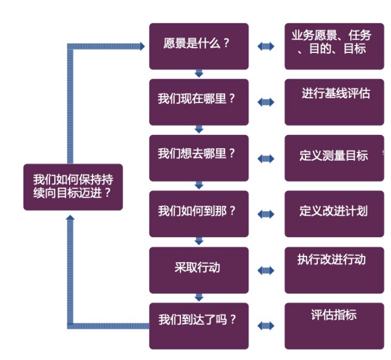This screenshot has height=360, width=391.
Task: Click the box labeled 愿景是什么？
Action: coord(198,46)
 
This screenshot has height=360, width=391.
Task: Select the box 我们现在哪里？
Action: coord(198,102)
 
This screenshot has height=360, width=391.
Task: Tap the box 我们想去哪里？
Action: coord(198,158)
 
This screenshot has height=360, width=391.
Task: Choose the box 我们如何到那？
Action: coord(198,213)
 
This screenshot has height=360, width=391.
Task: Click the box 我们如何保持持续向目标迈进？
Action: coord(73,187)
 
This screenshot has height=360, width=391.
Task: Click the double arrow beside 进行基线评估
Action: coord(266,102)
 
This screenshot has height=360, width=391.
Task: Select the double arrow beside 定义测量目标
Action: coord(266,158)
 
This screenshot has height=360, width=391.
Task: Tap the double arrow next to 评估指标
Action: coord(266,326)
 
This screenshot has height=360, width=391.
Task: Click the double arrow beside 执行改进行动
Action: coord(266,270)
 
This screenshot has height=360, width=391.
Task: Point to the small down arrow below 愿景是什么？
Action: coord(198,74)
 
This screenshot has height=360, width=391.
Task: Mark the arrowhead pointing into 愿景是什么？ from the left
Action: coord(141,46)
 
